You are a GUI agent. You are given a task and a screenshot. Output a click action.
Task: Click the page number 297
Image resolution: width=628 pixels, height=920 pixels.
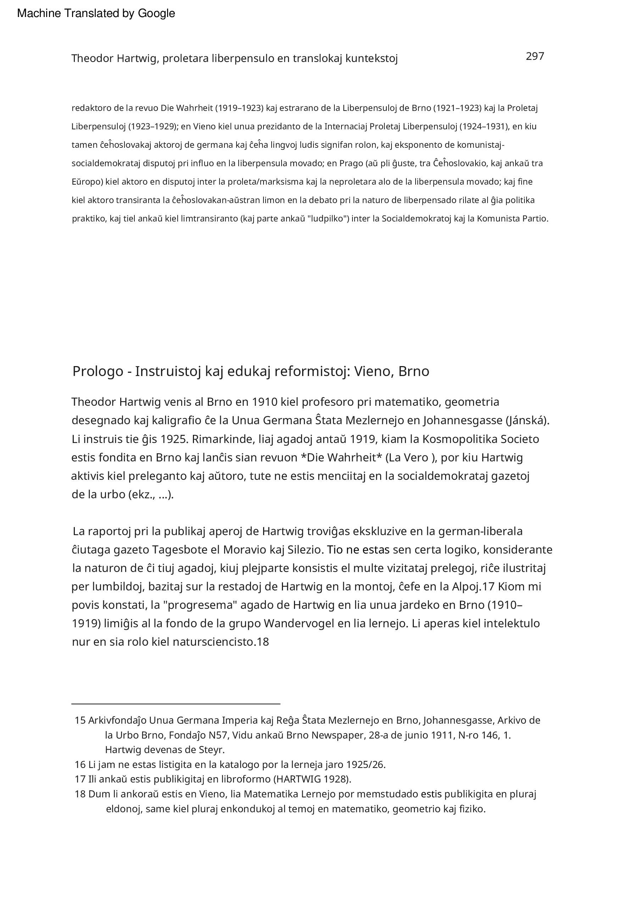[534, 56]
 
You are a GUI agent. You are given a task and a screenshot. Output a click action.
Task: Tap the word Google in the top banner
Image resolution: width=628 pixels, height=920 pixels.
[156, 13]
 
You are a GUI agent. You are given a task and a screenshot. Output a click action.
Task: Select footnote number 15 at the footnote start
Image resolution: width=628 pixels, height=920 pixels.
[80, 720]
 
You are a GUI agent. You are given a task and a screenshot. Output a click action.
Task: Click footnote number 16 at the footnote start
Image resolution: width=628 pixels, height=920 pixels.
[80, 764]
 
